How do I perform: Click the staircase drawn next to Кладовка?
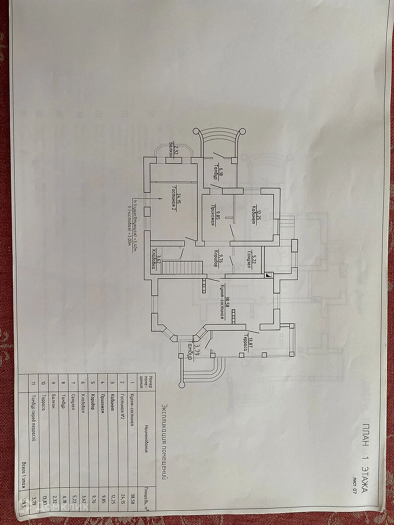coord(181,267)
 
